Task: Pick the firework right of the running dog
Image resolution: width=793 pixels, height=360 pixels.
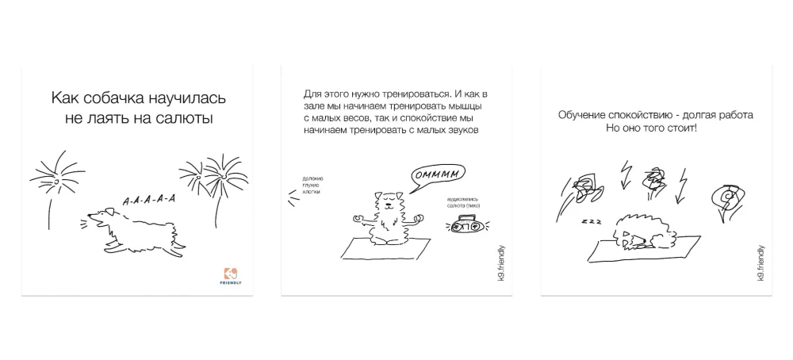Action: pyautogui.click(x=215, y=174)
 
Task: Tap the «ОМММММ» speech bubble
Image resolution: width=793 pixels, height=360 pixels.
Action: pyautogui.click(x=437, y=174)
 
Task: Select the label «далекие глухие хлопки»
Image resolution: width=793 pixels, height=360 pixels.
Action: pyautogui.click(x=312, y=186)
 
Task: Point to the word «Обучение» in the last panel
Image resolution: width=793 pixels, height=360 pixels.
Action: pyautogui.click(x=585, y=115)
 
